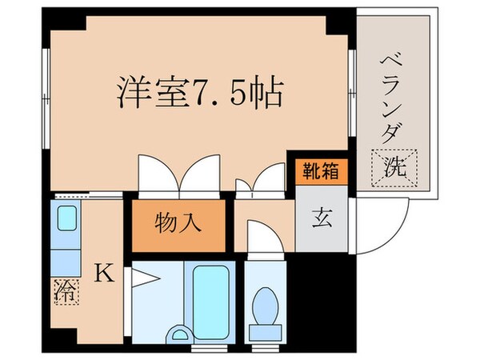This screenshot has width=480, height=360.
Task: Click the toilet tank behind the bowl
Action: (265, 332)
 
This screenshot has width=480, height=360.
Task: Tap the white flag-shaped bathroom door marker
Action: (145, 278)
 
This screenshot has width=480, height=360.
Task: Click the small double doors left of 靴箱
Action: (261, 180)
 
